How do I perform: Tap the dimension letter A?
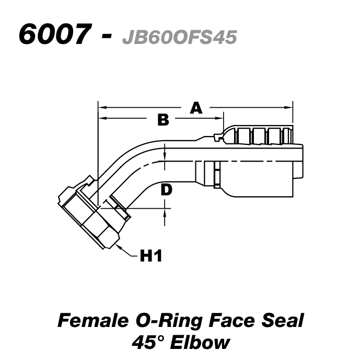(196, 108)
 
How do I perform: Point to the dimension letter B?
(163, 120)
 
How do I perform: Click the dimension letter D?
(166, 189)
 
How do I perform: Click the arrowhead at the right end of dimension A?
(289, 108)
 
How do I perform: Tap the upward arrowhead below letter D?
(165, 212)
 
